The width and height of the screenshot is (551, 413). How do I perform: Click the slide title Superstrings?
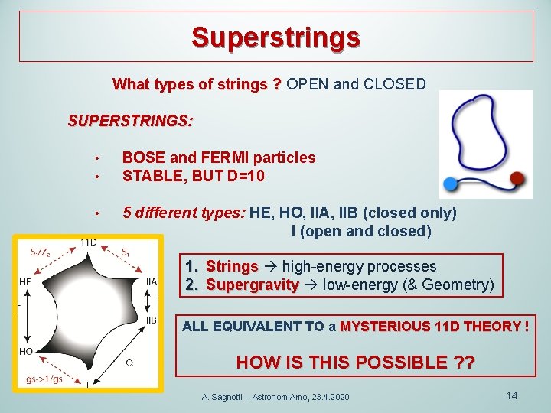(x=275, y=36)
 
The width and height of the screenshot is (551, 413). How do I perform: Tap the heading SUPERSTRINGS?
(x=131, y=121)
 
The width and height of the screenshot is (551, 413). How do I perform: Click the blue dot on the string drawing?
(x=451, y=184)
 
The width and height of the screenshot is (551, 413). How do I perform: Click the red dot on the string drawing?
(x=518, y=179)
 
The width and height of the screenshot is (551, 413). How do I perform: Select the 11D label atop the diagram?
(x=88, y=242)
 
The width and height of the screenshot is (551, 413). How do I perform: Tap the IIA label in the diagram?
(x=152, y=281)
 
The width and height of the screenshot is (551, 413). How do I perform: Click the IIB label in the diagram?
(x=152, y=319)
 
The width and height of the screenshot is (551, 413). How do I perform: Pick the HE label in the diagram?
(x=25, y=281)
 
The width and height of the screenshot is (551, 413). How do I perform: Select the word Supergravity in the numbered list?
(x=252, y=285)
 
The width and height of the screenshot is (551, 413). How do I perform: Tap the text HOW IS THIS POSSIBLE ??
(x=355, y=362)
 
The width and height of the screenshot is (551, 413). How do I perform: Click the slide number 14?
(x=512, y=395)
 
